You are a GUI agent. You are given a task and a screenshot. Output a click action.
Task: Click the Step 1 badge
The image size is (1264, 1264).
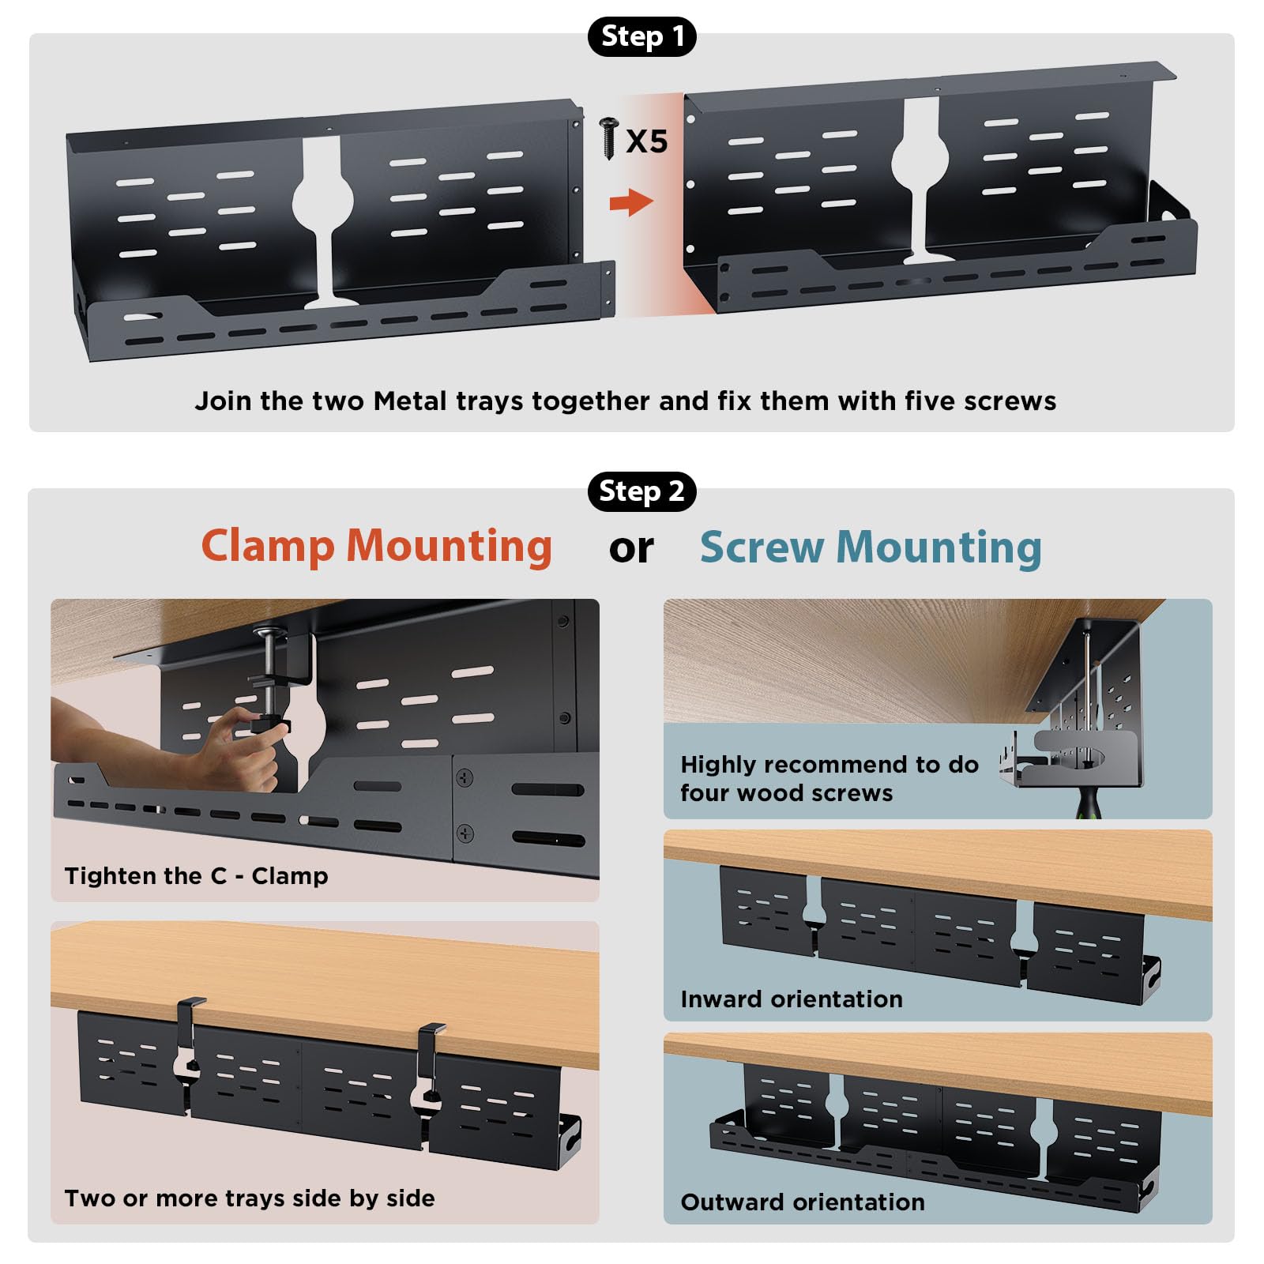coord(641,36)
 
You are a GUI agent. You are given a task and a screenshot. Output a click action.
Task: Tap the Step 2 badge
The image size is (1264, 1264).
coord(641,491)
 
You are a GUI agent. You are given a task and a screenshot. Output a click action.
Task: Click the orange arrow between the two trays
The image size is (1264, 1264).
coord(631,202)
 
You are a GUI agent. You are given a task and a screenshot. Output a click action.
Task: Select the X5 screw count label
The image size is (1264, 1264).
coord(647,141)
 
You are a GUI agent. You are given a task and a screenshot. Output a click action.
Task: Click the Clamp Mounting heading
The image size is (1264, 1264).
coord(377,547)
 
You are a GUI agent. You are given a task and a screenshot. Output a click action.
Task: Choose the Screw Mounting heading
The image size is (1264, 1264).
coord(871,547)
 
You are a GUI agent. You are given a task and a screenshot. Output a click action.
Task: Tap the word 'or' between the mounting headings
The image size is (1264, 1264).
coord(631,549)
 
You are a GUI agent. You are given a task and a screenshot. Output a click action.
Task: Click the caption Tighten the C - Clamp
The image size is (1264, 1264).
coord(196,876)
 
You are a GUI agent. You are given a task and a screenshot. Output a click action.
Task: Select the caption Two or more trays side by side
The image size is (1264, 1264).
coord(250,1198)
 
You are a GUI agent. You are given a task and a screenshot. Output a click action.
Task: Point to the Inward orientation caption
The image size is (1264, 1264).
coord(792,999)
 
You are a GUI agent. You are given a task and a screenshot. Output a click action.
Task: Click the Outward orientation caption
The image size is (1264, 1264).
coord(803,1202)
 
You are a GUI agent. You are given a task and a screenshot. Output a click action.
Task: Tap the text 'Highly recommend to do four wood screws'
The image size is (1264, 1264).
coord(829,779)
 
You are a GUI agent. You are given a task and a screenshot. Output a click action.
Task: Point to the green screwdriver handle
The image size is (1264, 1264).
coord(1089,801)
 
